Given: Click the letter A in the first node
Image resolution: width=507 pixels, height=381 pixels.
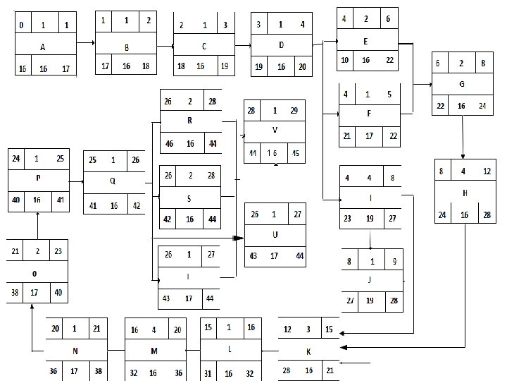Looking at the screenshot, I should click(x=44, y=47).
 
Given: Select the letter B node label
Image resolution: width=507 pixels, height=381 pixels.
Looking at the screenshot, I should click(x=125, y=48).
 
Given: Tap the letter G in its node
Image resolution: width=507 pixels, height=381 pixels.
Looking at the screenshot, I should click(x=461, y=84).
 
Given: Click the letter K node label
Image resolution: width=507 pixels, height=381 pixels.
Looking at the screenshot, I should click(x=308, y=350).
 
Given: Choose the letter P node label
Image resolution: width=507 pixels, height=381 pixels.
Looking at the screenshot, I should click(x=37, y=179).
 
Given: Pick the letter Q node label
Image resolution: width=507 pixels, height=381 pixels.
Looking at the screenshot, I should click(x=113, y=179).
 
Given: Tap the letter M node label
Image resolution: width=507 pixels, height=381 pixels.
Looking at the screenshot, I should click(x=155, y=350).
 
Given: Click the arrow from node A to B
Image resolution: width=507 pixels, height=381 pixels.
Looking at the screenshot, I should click(x=85, y=43).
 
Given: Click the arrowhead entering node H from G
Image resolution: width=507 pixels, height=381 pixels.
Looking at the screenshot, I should click(x=463, y=156).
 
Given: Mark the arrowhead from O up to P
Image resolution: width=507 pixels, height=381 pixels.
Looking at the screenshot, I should click(x=37, y=214).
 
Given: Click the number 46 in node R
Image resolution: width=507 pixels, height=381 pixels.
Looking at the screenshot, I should click(x=170, y=143).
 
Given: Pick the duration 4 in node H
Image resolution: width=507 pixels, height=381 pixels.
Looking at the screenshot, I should click(x=463, y=171).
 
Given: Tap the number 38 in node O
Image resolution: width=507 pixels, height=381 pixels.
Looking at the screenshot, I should click(x=15, y=292).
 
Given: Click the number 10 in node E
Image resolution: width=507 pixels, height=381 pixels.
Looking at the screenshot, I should click(x=345, y=61).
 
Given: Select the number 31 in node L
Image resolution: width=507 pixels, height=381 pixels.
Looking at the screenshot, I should click(x=208, y=373).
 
